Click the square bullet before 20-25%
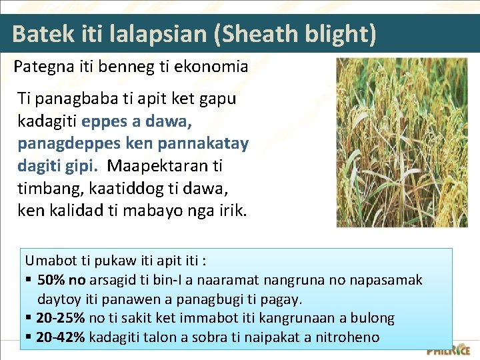point(29,318)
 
